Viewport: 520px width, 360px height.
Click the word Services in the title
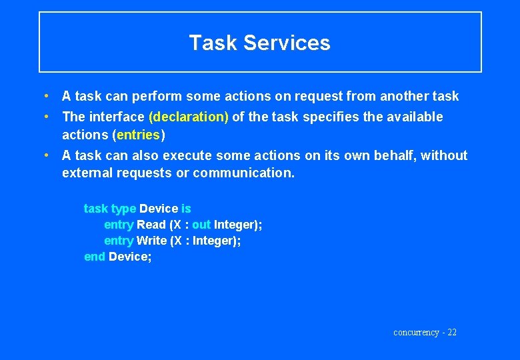[x=287, y=43]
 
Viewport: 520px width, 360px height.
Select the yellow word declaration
[x=189, y=117]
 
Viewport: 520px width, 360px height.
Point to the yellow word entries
[x=138, y=135]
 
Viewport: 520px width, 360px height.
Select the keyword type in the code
[x=123, y=209]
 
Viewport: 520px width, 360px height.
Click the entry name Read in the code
[x=151, y=225]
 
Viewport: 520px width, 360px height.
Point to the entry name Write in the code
[x=152, y=241]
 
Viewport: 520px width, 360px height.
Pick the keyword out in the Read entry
[x=201, y=225]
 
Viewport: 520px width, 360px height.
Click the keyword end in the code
[x=94, y=257]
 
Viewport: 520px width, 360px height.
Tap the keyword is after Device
[x=186, y=209]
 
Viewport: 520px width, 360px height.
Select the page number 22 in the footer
[x=451, y=332]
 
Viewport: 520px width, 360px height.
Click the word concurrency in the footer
[x=416, y=332]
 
